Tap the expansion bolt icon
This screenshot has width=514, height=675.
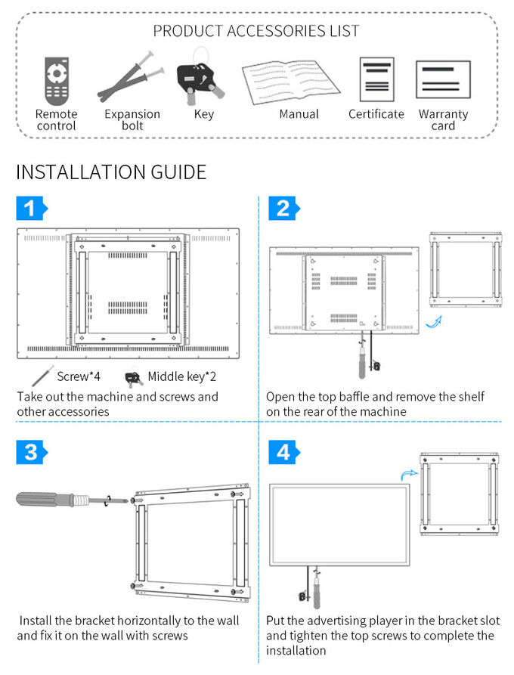tap(131, 77)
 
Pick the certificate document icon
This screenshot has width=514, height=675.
tap(376, 80)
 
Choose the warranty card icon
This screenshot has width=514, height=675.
tap(443, 79)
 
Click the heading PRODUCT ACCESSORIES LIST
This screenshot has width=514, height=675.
tap(256, 31)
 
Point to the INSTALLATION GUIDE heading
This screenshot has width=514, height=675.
tap(111, 172)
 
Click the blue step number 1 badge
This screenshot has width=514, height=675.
tap(31, 208)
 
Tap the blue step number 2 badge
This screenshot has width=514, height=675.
tap(283, 208)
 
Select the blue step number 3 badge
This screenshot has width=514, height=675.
tap(31, 452)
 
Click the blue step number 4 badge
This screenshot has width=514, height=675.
tap(283, 452)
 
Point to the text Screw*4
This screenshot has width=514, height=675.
tap(79, 376)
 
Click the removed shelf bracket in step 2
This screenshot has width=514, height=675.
tap(465, 268)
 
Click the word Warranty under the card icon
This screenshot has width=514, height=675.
tap(443, 114)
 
